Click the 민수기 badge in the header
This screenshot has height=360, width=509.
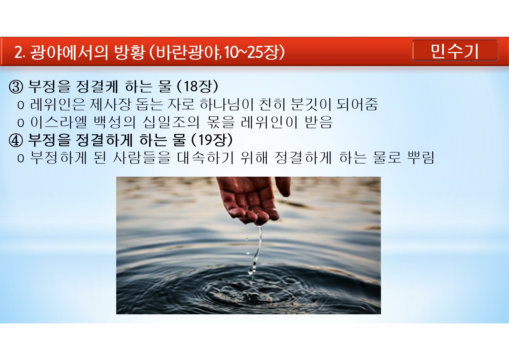click(x=455, y=51)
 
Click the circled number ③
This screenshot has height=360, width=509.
click(x=16, y=87)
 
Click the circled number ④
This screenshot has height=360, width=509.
click(x=16, y=140)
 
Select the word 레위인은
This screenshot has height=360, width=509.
click(x=57, y=105)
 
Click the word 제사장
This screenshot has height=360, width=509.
click(x=110, y=105)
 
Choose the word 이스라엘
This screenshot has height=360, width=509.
click(x=59, y=123)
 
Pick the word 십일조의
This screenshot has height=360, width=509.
click(x=171, y=123)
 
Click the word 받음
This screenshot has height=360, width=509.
click(x=319, y=123)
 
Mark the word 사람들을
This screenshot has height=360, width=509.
click(x=142, y=158)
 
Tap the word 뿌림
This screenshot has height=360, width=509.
click(x=420, y=158)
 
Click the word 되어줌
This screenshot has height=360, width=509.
click(x=357, y=105)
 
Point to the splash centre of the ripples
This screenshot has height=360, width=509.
click(x=251, y=295)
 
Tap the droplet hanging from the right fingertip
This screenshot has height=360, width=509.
click(x=285, y=198)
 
